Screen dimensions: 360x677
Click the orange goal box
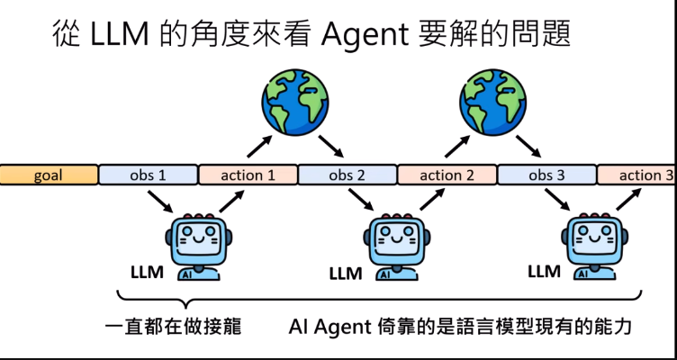[49, 175]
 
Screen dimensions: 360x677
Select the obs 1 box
[149, 175]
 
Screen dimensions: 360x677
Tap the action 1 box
[248, 175]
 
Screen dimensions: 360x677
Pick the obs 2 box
[348, 175]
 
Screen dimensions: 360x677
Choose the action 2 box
[447, 175]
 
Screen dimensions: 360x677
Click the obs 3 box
[546, 175]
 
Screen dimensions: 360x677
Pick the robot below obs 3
[594, 243]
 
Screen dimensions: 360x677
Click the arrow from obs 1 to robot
[161, 202]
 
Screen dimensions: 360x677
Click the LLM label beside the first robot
[147, 272]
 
